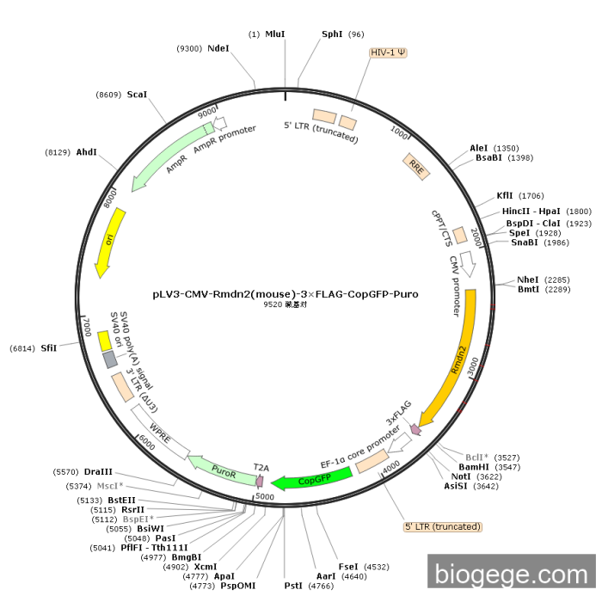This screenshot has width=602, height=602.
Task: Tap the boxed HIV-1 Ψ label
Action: (x=388, y=52)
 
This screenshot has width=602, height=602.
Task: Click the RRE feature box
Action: (x=416, y=167)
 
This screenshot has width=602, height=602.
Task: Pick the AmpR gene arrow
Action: (x=168, y=156)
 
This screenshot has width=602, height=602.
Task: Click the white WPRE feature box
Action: (x=160, y=432)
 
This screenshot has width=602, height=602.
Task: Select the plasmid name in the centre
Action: (x=286, y=294)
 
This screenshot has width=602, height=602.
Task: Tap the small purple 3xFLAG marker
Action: (x=415, y=429)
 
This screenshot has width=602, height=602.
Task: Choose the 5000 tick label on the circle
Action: (x=265, y=497)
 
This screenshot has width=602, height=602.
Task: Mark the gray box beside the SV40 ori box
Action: (x=110, y=359)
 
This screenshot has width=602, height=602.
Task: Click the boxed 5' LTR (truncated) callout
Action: (x=443, y=526)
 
